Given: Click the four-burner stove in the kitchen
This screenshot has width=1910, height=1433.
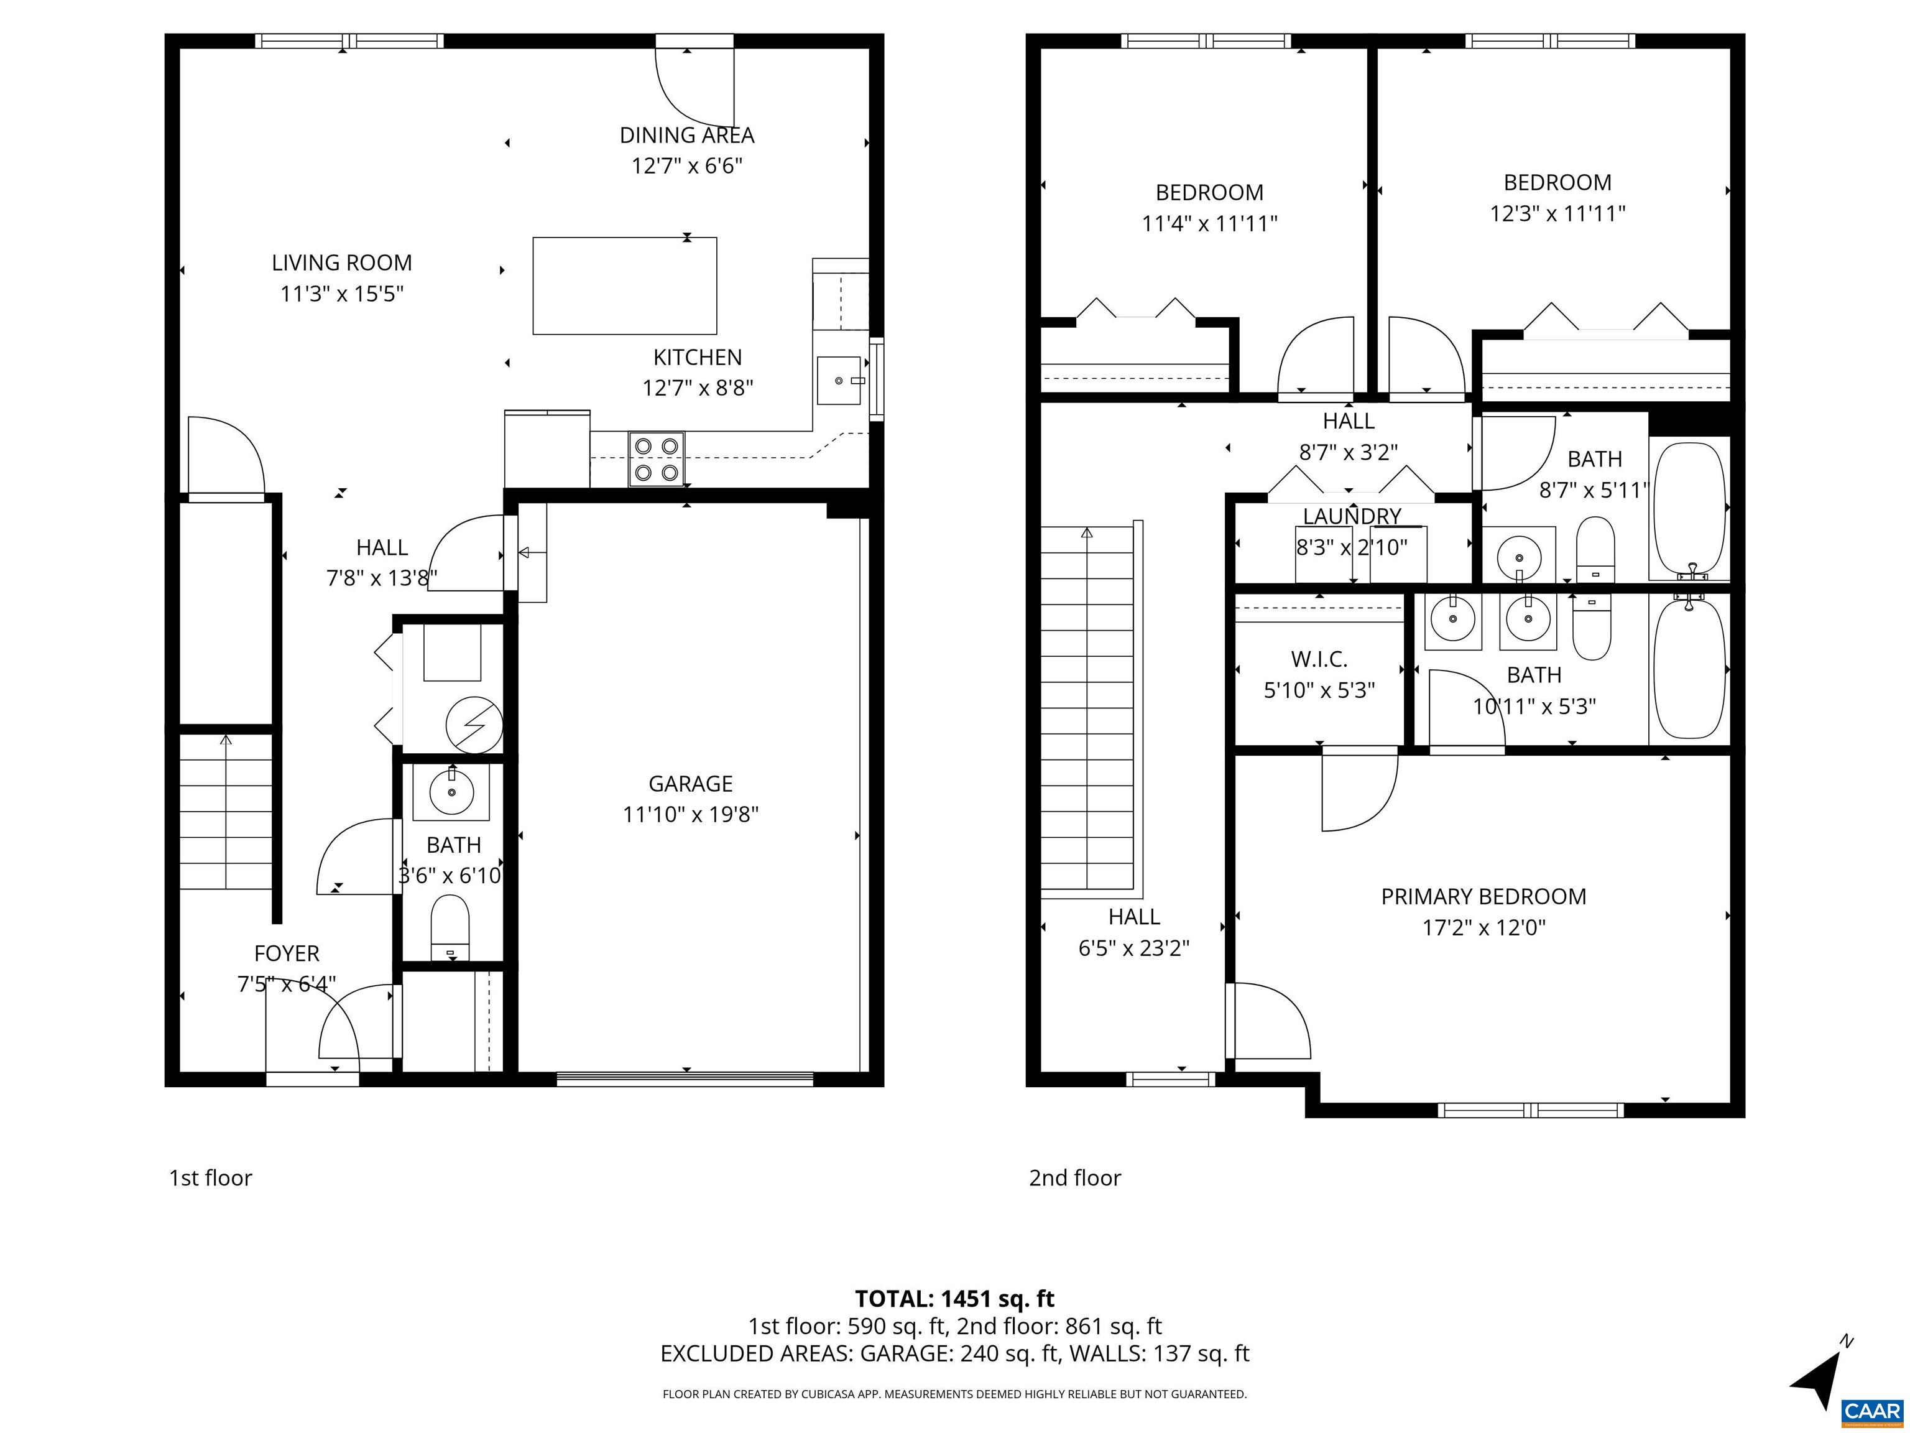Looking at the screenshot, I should point(656,458).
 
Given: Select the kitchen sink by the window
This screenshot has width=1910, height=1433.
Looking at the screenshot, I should point(839,380).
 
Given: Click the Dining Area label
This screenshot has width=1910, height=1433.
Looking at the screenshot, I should point(686,136).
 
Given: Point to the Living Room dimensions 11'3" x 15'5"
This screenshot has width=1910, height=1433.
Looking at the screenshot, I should point(342,294).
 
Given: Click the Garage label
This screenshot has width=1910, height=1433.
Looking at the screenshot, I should point(690,784).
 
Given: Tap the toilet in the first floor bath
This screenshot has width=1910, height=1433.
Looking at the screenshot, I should point(450,926).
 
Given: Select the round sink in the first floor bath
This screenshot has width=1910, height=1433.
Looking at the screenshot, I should point(451,791).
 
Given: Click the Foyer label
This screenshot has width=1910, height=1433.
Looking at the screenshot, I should point(287,953).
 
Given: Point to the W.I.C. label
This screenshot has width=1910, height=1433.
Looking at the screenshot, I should point(1319,660).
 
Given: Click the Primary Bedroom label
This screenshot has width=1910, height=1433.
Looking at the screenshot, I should point(1483,897).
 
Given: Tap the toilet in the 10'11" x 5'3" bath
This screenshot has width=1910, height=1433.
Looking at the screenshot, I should point(1592,629).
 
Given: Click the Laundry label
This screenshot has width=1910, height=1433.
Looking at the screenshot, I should point(1351,516).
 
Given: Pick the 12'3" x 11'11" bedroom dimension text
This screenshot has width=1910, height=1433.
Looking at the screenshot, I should point(1557,213).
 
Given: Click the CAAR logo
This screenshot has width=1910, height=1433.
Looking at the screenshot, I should point(1871,1411).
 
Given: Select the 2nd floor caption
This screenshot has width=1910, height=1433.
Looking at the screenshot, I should point(1074,1178).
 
